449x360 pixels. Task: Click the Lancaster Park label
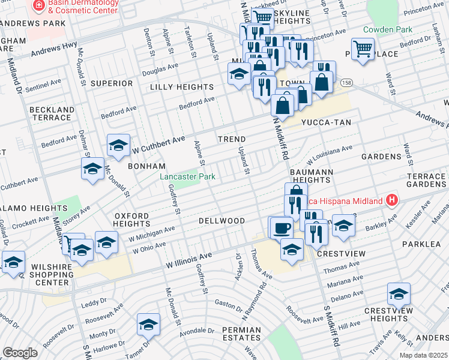[x=187, y=176]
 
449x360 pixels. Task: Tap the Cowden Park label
[x=387, y=29]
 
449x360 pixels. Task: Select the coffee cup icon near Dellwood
[x=280, y=227]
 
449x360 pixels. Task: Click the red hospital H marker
[x=392, y=199]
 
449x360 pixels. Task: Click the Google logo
[x=20, y=353]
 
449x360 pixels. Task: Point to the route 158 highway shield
[x=346, y=82]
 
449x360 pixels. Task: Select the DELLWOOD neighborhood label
[x=222, y=221]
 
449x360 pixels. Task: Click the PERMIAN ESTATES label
[x=241, y=334]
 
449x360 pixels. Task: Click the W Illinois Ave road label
[x=190, y=260]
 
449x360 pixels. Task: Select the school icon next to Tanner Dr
[x=148, y=325]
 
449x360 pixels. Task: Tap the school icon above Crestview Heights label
[x=399, y=293]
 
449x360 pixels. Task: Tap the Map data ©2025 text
[x=423, y=355]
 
